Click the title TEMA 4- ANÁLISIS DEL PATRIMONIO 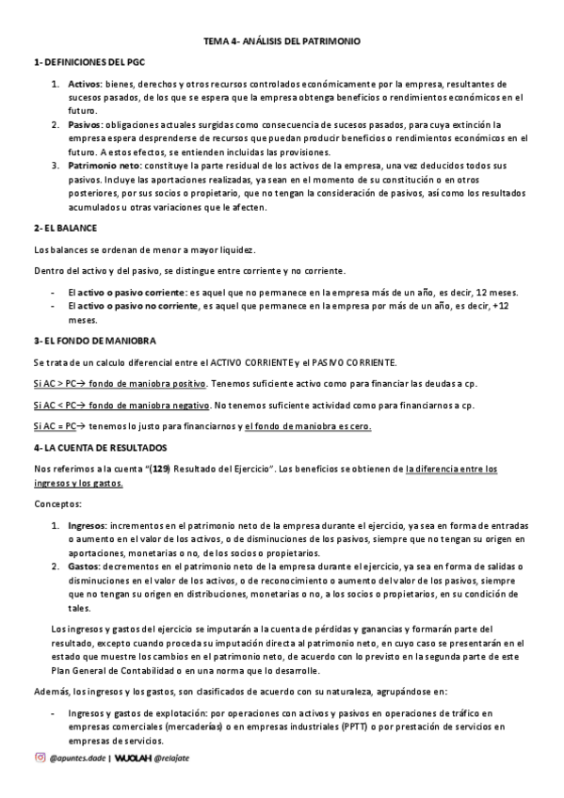tap(282, 41)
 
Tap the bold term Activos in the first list tap(85, 84)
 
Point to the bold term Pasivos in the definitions tap(86, 124)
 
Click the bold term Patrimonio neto tap(104, 165)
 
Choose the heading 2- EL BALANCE tap(65, 228)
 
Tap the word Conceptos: tap(58, 504)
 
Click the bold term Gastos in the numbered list tap(84, 567)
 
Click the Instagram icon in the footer tap(40, 758)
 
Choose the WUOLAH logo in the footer tap(134, 758)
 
